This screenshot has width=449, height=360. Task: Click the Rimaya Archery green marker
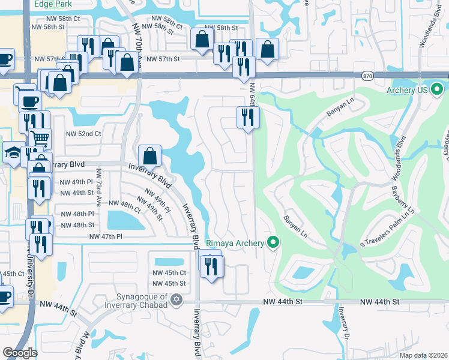pos(274,243)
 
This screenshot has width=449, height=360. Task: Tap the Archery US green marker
pos(438,91)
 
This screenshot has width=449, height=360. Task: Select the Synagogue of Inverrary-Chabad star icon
pos(176,299)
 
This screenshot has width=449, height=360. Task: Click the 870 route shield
pos(367,76)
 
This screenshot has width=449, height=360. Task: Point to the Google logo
pos(20,353)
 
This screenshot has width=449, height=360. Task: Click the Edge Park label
pos(53,4)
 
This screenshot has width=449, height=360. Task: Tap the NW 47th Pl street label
pos(105,237)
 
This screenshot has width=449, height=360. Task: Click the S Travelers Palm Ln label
pos(387,232)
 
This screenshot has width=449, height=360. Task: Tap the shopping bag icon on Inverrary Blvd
pos(149,156)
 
